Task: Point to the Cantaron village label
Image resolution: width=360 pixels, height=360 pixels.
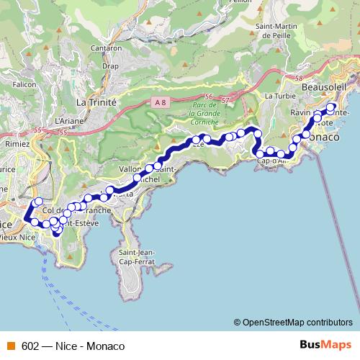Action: click(x=105, y=48)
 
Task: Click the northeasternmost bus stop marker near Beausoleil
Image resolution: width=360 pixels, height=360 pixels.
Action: click(x=330, y=108)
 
